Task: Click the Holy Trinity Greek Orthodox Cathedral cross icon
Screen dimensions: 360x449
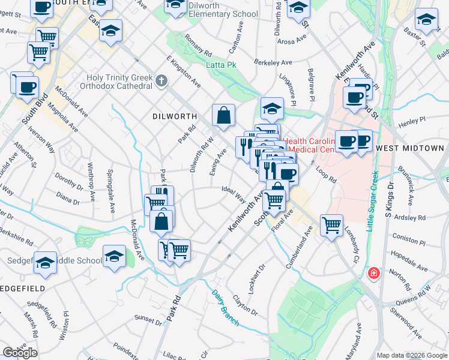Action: [x=161, y=80]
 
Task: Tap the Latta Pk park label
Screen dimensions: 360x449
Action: [x=219, y=65]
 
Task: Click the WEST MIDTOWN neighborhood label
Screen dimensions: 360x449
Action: [x=410, y=148]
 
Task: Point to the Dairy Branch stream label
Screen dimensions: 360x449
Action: [x=225, y=308]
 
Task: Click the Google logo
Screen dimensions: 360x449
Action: [x=20, y=352]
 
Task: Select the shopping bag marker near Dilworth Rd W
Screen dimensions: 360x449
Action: [x=223, y=115]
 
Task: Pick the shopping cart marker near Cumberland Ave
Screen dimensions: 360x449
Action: [x=331, y=226]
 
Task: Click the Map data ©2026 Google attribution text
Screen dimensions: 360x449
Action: [x=412, y=355]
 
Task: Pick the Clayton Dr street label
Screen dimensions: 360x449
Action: [x=245, y=305]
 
